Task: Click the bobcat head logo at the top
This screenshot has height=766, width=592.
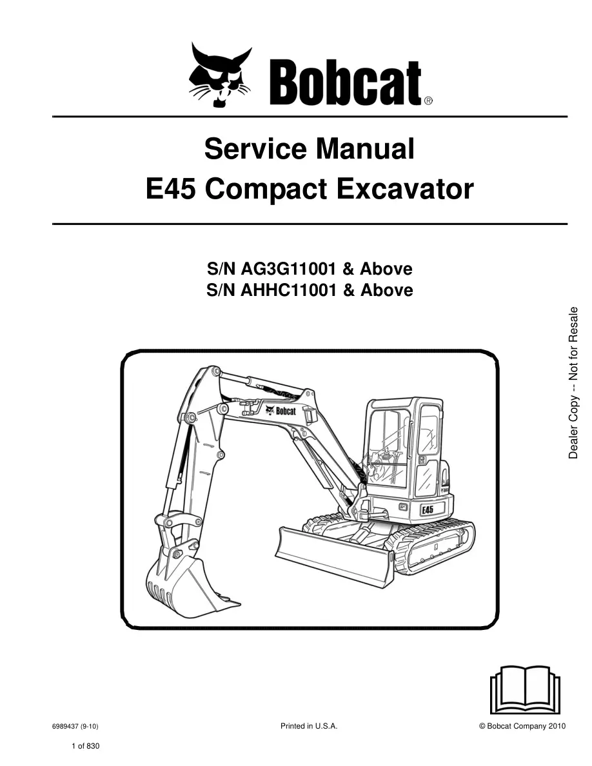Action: coord(220,75)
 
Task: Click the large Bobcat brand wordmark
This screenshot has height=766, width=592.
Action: coord(345,83)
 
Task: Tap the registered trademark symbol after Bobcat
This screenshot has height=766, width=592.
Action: coord(428,101)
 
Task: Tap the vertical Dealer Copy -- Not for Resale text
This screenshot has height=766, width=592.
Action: coord(573,382)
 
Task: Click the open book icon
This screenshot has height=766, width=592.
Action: coord(525,690)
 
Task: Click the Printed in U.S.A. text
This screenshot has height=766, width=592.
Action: coord(309,727)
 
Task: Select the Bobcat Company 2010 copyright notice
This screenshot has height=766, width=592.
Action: coord(522,727)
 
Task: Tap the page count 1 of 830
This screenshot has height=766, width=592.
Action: coord(85,746)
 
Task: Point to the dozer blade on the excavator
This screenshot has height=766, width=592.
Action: coord(335,555)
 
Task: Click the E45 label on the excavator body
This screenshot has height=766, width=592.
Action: coord(428,509)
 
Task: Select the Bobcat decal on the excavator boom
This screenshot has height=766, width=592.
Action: coord(281,411)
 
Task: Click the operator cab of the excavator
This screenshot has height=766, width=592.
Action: coord(405,449)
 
